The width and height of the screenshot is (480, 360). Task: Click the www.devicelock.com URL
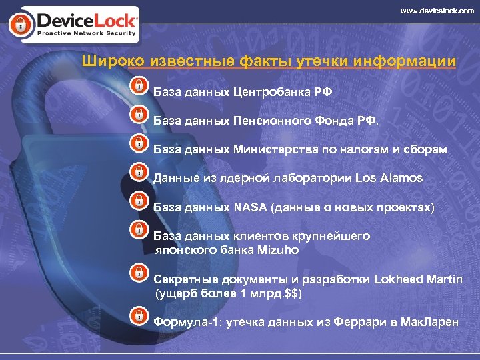tap(437, 11)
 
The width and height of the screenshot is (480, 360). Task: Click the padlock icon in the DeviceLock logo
tap(19, 25)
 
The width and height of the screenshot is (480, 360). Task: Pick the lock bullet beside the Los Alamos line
tap(137, 172)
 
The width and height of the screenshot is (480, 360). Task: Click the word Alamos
tap(402, 178)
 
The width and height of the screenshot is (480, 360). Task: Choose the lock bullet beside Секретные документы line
tap(137, 272)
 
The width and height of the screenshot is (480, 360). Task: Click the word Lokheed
tap(399, 279)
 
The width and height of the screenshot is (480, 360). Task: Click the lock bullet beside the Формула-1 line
tap(137, 315)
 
